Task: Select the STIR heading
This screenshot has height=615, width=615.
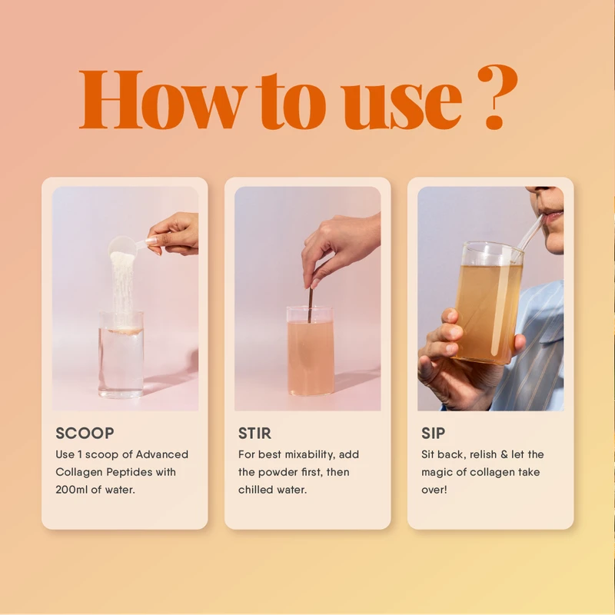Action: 254,434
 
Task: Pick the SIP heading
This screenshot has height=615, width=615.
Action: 433,434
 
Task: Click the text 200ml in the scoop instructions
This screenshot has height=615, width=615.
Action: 74,490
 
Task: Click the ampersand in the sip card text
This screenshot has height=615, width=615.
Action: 504,454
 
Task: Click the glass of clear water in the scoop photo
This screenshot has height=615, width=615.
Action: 121,357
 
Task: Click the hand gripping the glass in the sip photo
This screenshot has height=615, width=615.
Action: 443,350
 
